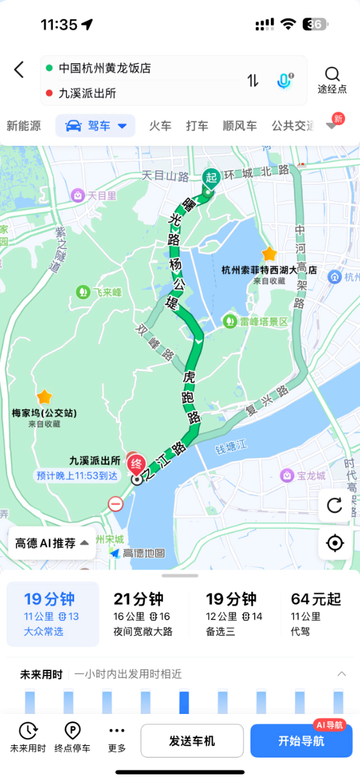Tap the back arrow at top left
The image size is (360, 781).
pyautogui.click(x=19, y=70)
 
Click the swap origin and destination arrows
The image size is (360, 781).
pyautogui.click(x=253, y=81)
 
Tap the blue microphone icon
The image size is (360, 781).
pyautogui.click(x=284, y=81)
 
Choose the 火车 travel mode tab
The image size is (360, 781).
pyautogui.click(x=160, y=126)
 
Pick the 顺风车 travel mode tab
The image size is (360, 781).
pyautogui.click(x=240, y=126)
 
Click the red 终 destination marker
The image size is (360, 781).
pyautogui.click(x=137, y=464)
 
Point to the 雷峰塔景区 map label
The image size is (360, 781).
pyautogui.click(x=255, y=322)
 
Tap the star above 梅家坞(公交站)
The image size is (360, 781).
pyautogui.click(x=44, y=396)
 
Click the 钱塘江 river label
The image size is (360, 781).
pyautogui.click(x=232, y=450)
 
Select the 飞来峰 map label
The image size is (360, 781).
pyautogui.click(x=100, y=292)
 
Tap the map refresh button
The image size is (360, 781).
pyautogui.click(x=335, y=505)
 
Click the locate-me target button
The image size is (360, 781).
pyautogui.click(x=335, y=543)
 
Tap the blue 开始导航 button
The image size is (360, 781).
pyautogui.click(x=301, y=741)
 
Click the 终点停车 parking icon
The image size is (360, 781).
pyautogui.click(x=73, y=738)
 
